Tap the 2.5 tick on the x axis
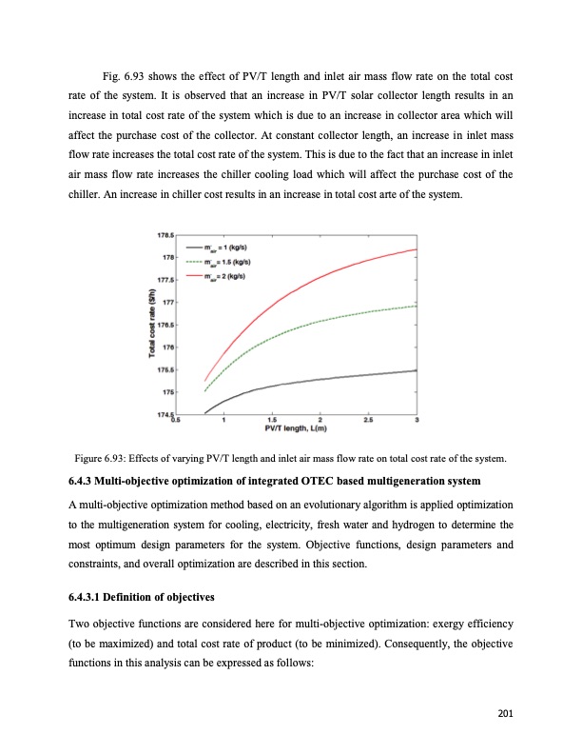click(369, 420)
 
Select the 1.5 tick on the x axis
click(272, 420)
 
